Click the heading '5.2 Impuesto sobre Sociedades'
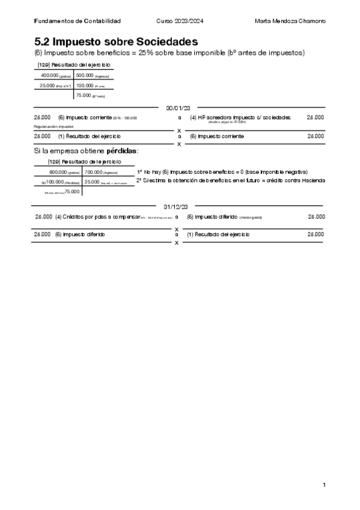[116, 41]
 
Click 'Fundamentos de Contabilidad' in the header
[78, 21]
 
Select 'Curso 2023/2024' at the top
[180, 21]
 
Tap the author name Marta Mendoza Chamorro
[290, 21]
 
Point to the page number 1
[324, 485]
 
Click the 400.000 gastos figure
[50, 75]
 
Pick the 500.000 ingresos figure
[85, 75]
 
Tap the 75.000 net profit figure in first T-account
[84, 95]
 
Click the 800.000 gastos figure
[58, 172]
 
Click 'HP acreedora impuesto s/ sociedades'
[240, 117]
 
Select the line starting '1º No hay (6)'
[222, 171]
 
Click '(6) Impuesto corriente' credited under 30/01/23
[217, 137]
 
